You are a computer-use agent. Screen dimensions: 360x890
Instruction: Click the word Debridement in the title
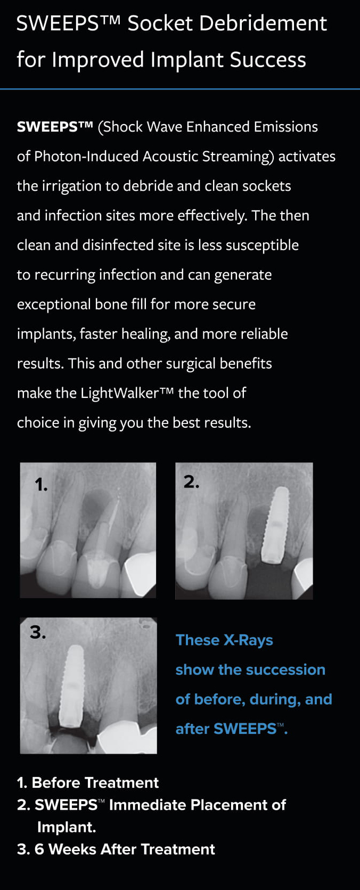(263, 23)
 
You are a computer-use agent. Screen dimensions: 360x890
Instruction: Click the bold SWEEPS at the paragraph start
(54, 127)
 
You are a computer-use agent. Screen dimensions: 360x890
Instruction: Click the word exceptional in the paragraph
(54, 305)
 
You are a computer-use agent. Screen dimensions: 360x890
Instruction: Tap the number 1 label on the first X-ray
(41, 485)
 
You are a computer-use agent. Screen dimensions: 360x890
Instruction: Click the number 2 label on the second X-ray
(191, 482)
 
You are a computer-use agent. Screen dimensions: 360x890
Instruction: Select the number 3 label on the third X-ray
(38, 632)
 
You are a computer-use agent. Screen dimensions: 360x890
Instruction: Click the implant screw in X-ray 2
(274, 525)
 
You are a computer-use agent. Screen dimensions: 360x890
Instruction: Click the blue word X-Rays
(248, 641)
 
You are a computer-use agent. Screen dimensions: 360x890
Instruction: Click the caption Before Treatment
(95, 783)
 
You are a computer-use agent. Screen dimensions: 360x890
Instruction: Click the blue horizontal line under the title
(180, 89)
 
